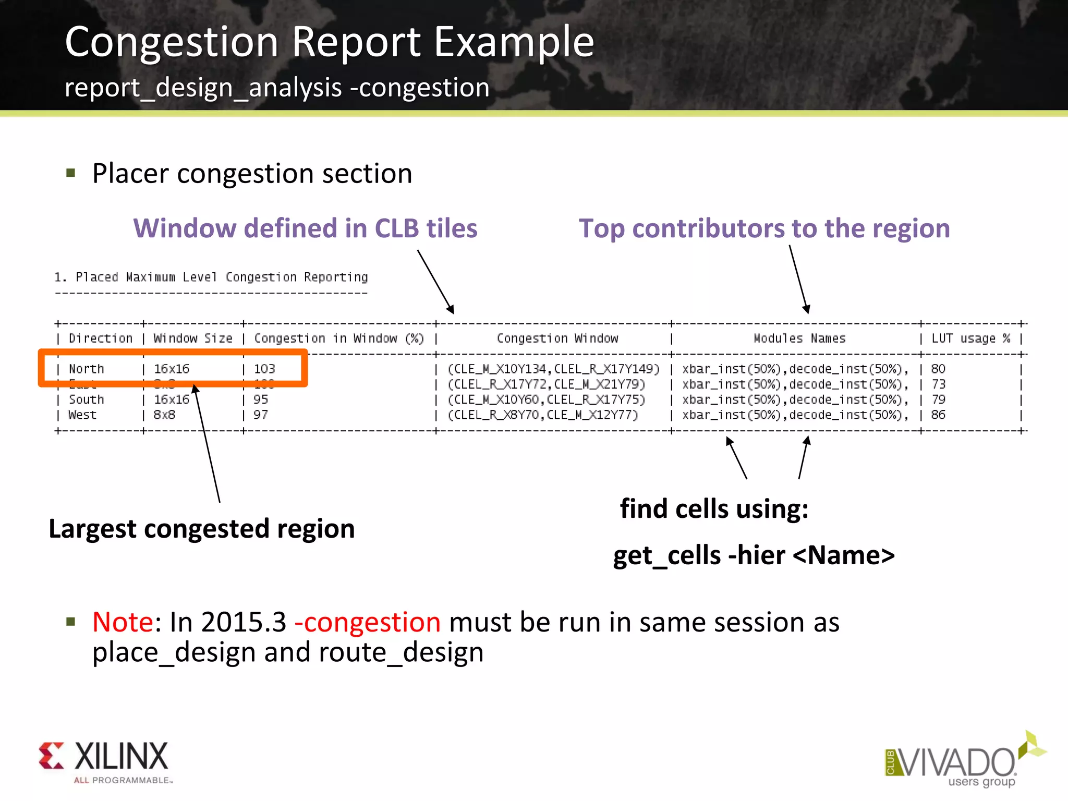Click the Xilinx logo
103,760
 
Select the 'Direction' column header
101,338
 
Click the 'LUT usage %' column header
970,338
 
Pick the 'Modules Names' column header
799,338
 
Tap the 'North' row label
87,369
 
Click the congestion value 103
264,369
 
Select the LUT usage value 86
938,415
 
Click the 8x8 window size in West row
164,415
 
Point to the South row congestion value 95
261,399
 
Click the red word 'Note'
123,622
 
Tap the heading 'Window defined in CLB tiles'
305,228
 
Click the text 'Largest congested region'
202,529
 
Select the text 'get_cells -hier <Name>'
754,555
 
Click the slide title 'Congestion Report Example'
329,42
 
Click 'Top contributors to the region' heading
764,228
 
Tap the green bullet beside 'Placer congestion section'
71,173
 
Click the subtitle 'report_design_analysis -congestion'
277,88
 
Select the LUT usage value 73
938,384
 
